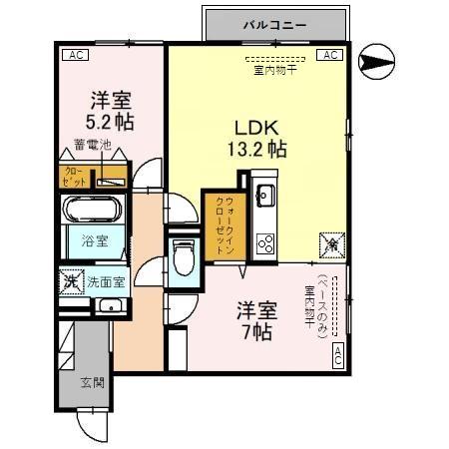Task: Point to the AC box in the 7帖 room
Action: click(337, 355)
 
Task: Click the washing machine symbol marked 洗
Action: click(71, 281)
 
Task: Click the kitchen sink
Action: click(265, 195)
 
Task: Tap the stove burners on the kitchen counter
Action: click(265, 241)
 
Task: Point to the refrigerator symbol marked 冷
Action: click(329, 242)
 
